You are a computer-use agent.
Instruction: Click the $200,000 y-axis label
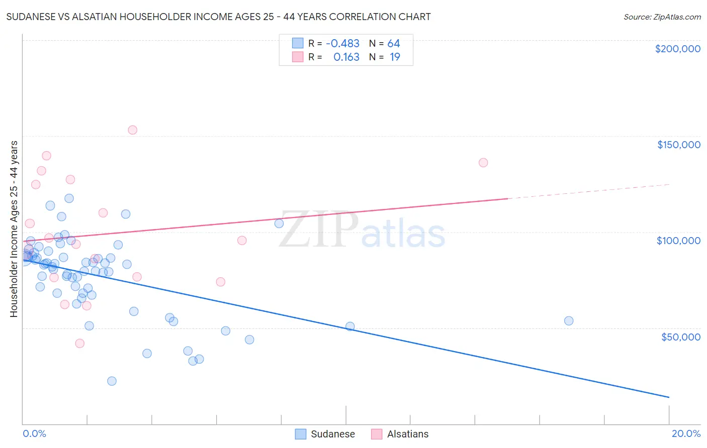(x=677, y=49)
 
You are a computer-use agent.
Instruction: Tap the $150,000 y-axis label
(x=678, y=145)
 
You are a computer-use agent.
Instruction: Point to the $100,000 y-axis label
(x=678, y=241)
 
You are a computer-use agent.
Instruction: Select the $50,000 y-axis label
(x=680, y=337)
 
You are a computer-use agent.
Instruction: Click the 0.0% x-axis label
(x=34, y=433)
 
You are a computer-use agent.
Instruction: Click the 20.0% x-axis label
(x=686, y=433)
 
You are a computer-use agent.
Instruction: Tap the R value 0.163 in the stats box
(x=346, y=57)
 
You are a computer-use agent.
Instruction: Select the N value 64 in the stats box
(x=393, y=44)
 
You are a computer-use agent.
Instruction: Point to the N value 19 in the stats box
(x=395, y=57)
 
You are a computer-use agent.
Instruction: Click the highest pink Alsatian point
(x=132, y=130)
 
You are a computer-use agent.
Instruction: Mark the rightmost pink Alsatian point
(x=483, y=163)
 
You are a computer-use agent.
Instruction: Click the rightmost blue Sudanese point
(x=569, y=321)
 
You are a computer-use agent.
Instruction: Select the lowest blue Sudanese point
(x=112, y=381)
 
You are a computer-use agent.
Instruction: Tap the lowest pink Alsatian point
(x=79, y=344)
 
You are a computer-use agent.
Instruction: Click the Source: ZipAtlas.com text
(x=662, y=17)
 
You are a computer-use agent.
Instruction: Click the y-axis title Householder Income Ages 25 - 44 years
(x=14, y=229)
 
